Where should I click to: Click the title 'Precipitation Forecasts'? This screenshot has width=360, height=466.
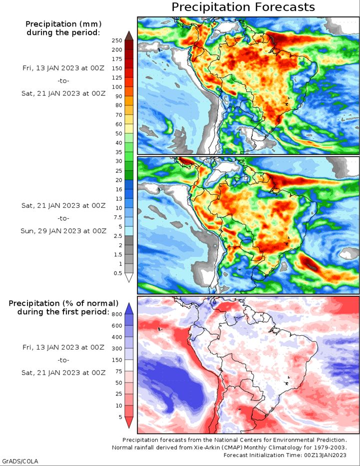[243, 7]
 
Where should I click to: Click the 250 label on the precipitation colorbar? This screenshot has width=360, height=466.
[117, 40]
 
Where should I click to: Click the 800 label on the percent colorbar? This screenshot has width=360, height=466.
[117, 314]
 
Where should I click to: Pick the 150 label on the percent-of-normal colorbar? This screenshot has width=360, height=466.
[117, 360]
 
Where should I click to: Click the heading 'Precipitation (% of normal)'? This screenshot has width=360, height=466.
[63, 303]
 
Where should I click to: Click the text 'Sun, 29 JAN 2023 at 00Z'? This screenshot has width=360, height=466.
[63, 231]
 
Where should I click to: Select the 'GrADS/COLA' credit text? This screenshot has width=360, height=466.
[20, 461]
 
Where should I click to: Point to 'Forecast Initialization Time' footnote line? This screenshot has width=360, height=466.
[285, 455]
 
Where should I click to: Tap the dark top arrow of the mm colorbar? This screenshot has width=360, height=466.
[128, 35]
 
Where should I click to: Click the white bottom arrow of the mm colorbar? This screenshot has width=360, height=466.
[128, 278]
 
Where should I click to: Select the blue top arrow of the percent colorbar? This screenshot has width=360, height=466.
[128, 308]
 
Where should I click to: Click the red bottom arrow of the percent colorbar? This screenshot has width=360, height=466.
[128, 423]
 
